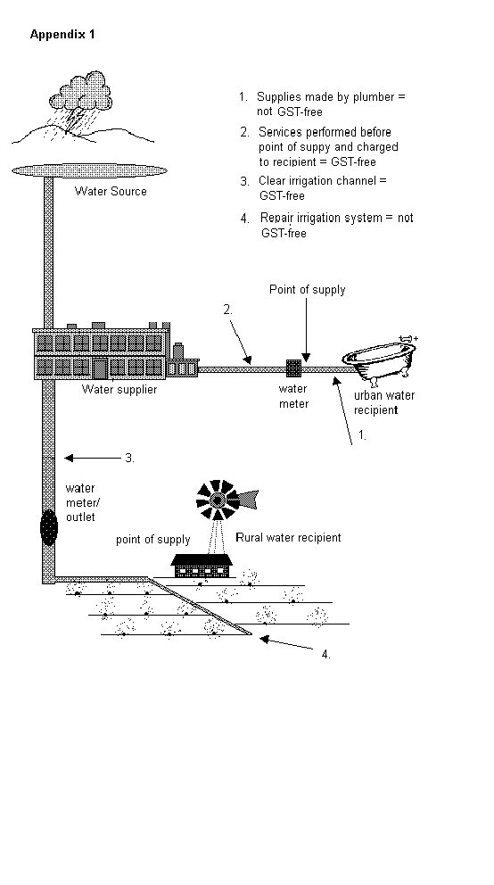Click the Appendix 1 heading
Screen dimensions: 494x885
(x=62, y=35)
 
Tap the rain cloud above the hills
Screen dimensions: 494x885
(x=80, y=91)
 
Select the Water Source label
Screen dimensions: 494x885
(x=111, y=191)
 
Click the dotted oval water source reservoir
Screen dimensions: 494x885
(x=90, y=170)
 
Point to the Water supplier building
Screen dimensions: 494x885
(x=102, y=352)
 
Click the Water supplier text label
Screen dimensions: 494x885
(x=119, y=389)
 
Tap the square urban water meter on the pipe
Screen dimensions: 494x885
(x=293, y=368)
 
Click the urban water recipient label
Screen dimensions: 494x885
(x=383, y=402)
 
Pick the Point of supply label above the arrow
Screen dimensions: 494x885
(x=308, y=290)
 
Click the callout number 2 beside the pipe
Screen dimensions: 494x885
(x=227, y=310)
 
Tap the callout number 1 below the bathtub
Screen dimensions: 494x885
(x=363, y=435)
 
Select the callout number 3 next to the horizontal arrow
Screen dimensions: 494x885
(x=129, y=458)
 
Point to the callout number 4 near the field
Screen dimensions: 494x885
(x=326, y=654)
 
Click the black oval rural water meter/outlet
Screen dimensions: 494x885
(x=49, y=527)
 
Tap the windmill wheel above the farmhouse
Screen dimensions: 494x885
(x=217, y=500)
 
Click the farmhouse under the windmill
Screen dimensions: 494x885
(x=202, y=566)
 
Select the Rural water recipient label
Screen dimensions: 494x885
(x=288, y=537)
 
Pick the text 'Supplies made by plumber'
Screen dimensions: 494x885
(x=325, y=97)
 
